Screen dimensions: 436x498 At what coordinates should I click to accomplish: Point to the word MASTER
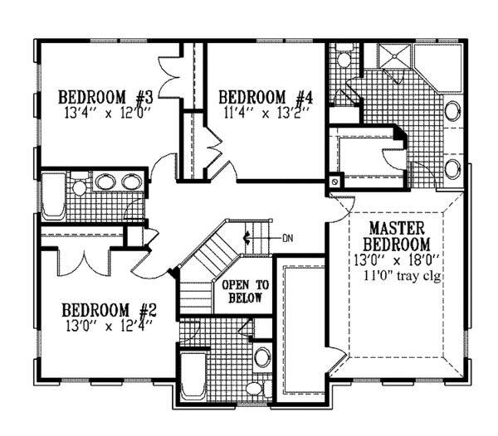tap(397, 227)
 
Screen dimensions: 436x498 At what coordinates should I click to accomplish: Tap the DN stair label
tap(288, 239)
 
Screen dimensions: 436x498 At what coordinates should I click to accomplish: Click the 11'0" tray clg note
tap(399, 275)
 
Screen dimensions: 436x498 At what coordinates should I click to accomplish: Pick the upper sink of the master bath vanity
tap(453, 110)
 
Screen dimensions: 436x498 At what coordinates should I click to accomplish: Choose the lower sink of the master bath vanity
tap(453, 169)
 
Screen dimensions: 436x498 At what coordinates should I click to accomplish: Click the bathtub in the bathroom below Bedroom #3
tap(52, 196)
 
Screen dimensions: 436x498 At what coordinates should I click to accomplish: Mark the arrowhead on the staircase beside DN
tap(246, 239)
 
